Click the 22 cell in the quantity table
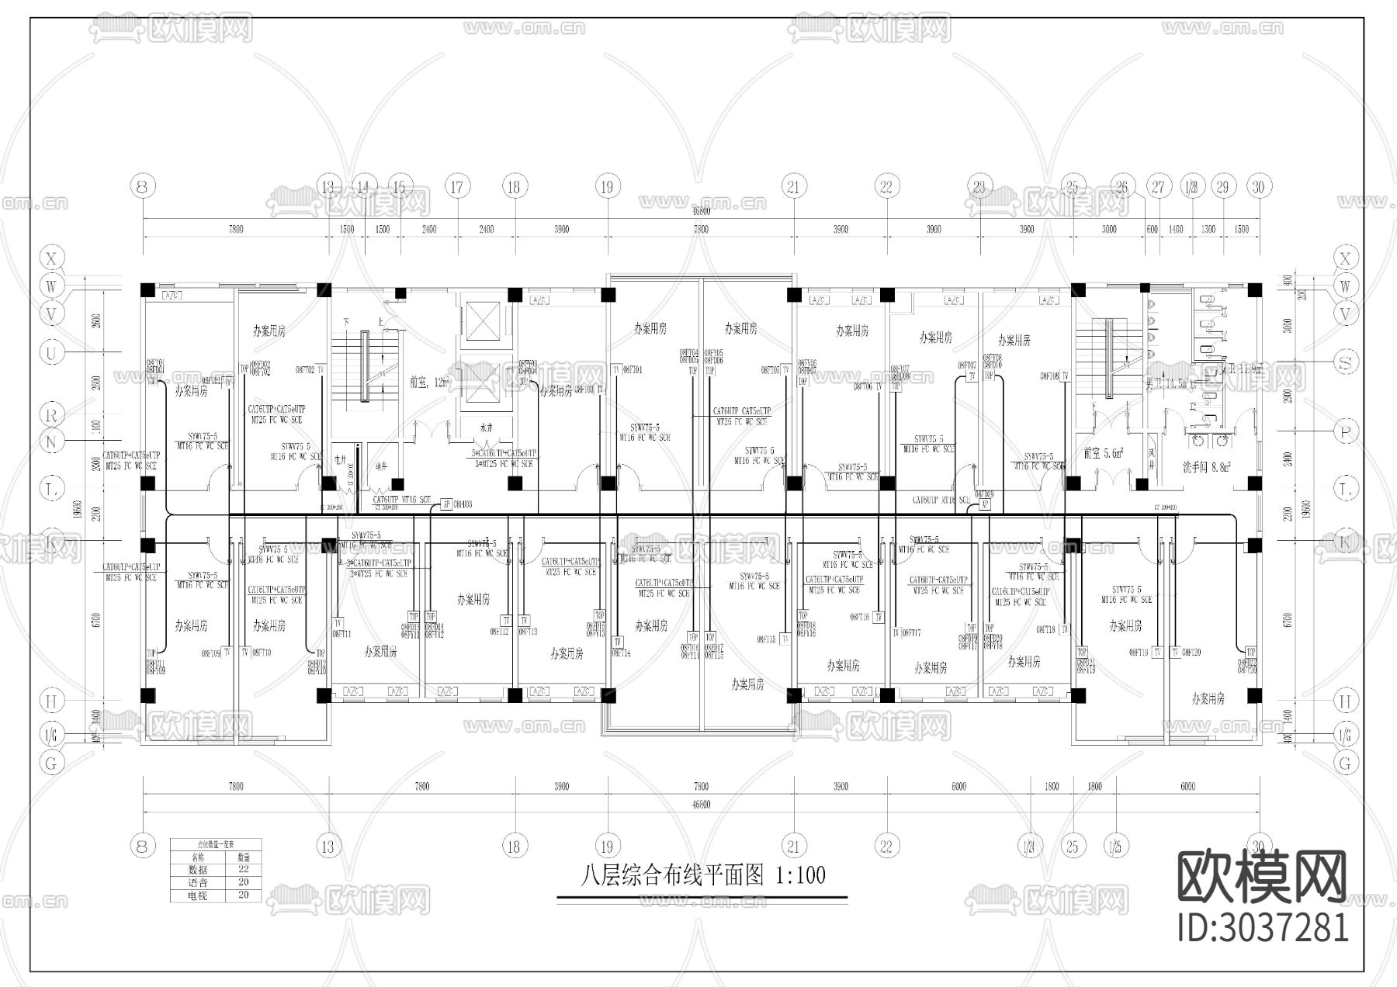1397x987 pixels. click(x=244, y=870)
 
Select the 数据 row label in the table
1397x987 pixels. click(x=198, y=870)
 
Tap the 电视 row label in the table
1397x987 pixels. click(x=198, y=895)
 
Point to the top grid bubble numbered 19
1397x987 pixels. click(x=607, y=187)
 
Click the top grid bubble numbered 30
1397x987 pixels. click(x=1258, y=187)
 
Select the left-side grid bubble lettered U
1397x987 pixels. click(x=52, y=354)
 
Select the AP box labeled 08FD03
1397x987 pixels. click(x=446, y=504)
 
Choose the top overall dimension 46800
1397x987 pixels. click(x=701, y=210)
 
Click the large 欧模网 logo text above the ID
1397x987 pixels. click(x=1262, y=878)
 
